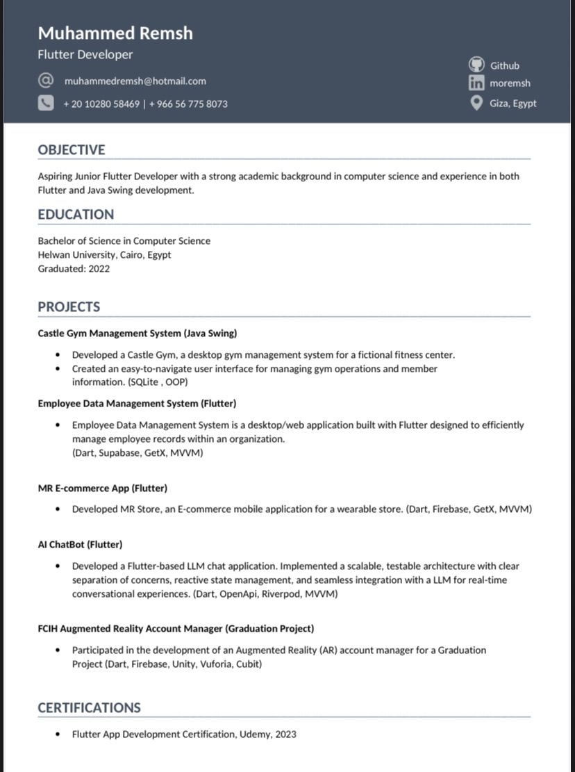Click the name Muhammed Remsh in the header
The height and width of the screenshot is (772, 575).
point(115,33)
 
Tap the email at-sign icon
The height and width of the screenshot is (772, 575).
point(45,81)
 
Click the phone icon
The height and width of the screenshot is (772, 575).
point(45,104)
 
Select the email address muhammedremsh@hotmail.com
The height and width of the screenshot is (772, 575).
point(135,81)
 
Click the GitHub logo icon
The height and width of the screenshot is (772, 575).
point(476,65)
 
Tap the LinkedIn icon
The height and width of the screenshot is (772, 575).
point(476,83)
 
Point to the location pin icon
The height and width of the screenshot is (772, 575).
point(476,103)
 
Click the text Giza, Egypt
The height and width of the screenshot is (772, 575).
point(513,104)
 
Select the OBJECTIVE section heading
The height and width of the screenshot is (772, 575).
point(72,150)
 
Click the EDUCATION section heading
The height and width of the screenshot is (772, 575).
point(76,215)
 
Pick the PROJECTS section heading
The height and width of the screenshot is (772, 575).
point(69,307)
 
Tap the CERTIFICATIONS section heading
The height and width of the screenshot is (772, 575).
point(89,708)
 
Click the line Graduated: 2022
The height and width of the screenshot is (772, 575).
point(74,269)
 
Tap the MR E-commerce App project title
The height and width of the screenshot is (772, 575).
point(103,488)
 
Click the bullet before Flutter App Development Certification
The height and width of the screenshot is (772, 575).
point(58,734)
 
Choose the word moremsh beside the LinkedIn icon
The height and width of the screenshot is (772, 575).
point(510,83)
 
